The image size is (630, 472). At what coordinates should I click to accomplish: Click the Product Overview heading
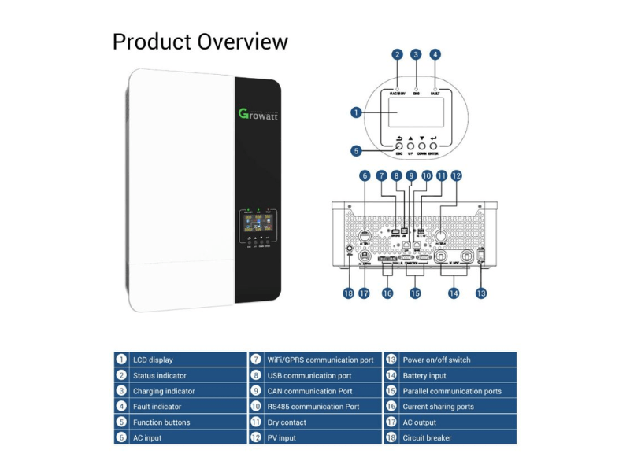(x=200, y=41)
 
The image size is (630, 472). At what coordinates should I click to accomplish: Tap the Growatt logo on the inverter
(x=258, y=115)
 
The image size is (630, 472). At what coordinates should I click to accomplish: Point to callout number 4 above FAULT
(x=435, y=55)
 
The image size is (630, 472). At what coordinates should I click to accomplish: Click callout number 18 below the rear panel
(x=348, y=293)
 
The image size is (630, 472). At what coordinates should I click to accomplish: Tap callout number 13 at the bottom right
(x=480, y=293)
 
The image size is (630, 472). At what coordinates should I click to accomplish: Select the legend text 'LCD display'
(x=153, y=360)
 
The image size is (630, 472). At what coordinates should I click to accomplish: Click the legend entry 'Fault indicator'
(x=157, y=407)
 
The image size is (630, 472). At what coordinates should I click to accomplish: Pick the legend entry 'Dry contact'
(x=287, y=422)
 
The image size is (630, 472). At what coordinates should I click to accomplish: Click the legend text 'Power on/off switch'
(x=436, y=360)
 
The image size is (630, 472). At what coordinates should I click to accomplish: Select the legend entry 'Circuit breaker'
(x=427, y=438)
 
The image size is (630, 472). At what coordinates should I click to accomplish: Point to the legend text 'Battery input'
(x=424, y=375)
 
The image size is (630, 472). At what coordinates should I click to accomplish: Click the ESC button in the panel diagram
(x=398, y=146)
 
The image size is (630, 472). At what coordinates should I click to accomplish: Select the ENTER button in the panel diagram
(x=434, y=146)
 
